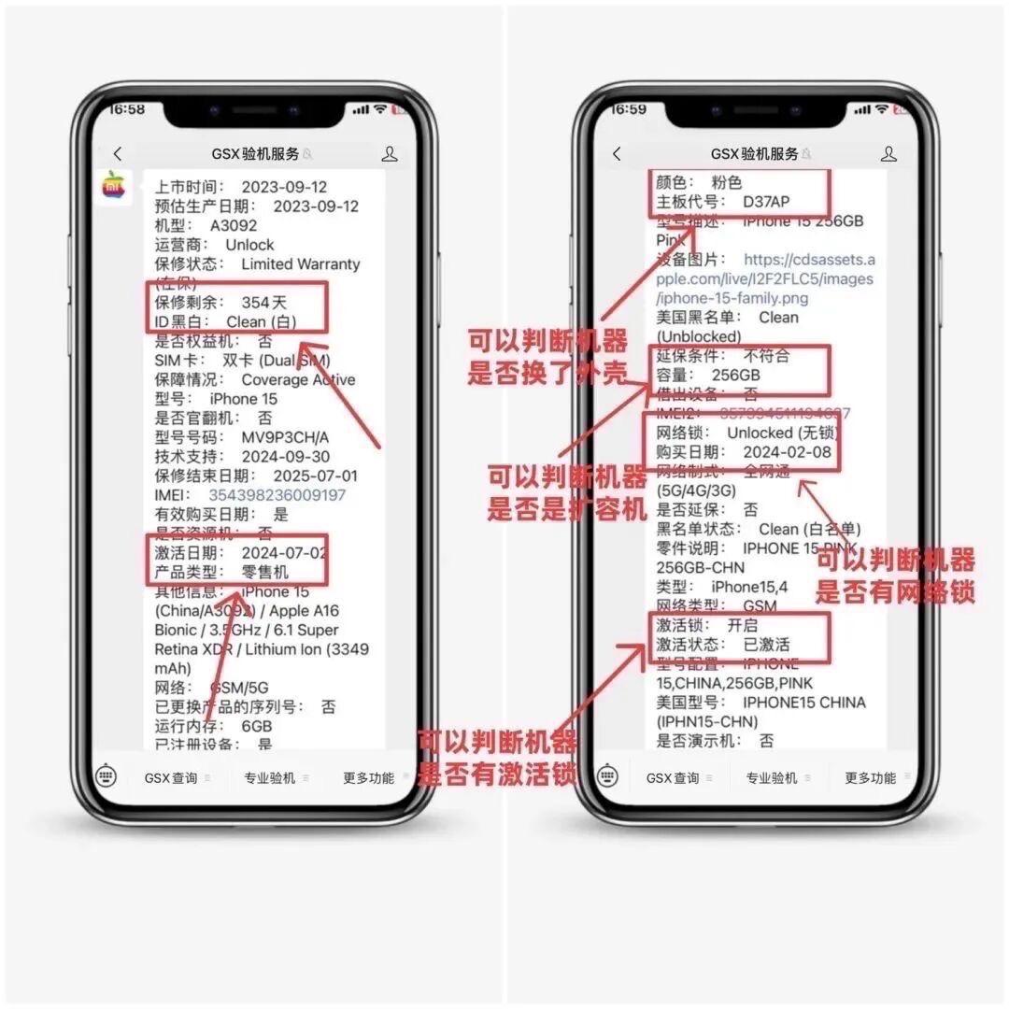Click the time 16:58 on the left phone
[127, 109]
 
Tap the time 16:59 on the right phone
[628, 109]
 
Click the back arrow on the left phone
[117, 154]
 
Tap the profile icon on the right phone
[888, 154]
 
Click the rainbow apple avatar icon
[113, 185]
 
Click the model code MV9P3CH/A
[285, 437]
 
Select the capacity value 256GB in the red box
[735, 375]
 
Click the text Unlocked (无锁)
[783, 433]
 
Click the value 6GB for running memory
[256, 726]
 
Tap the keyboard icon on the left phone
[107, 776]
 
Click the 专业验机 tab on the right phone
[771, 777]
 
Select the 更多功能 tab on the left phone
[367, 777]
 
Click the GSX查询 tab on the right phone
[672, 777]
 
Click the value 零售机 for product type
[265, 572]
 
